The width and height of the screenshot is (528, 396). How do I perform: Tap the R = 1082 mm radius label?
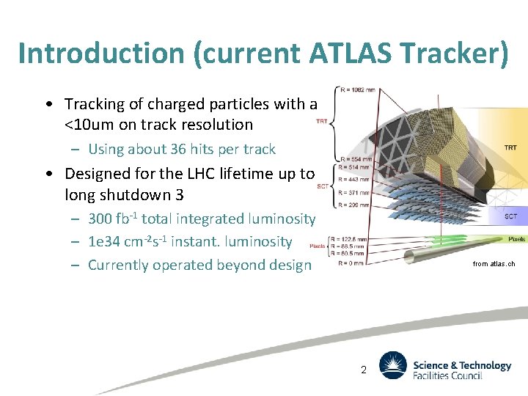(x=357, y=90)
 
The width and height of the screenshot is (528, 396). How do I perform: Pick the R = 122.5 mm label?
(x=348, y=239)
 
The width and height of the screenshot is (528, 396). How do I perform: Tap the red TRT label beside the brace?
(x=322, y=121)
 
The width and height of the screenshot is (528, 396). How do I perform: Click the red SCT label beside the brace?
(x=323, y=186)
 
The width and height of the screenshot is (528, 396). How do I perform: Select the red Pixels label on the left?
(x=318, y=246)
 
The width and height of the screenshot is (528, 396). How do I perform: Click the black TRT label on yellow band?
(x=510, y=147)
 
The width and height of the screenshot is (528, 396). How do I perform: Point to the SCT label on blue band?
(x=511, y=216)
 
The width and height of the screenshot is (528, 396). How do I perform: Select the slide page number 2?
(x=363, y=370)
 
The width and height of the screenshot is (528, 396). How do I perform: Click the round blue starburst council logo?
(x=392, y=365)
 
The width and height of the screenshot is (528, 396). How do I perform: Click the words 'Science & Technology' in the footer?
(x=462, y=365)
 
